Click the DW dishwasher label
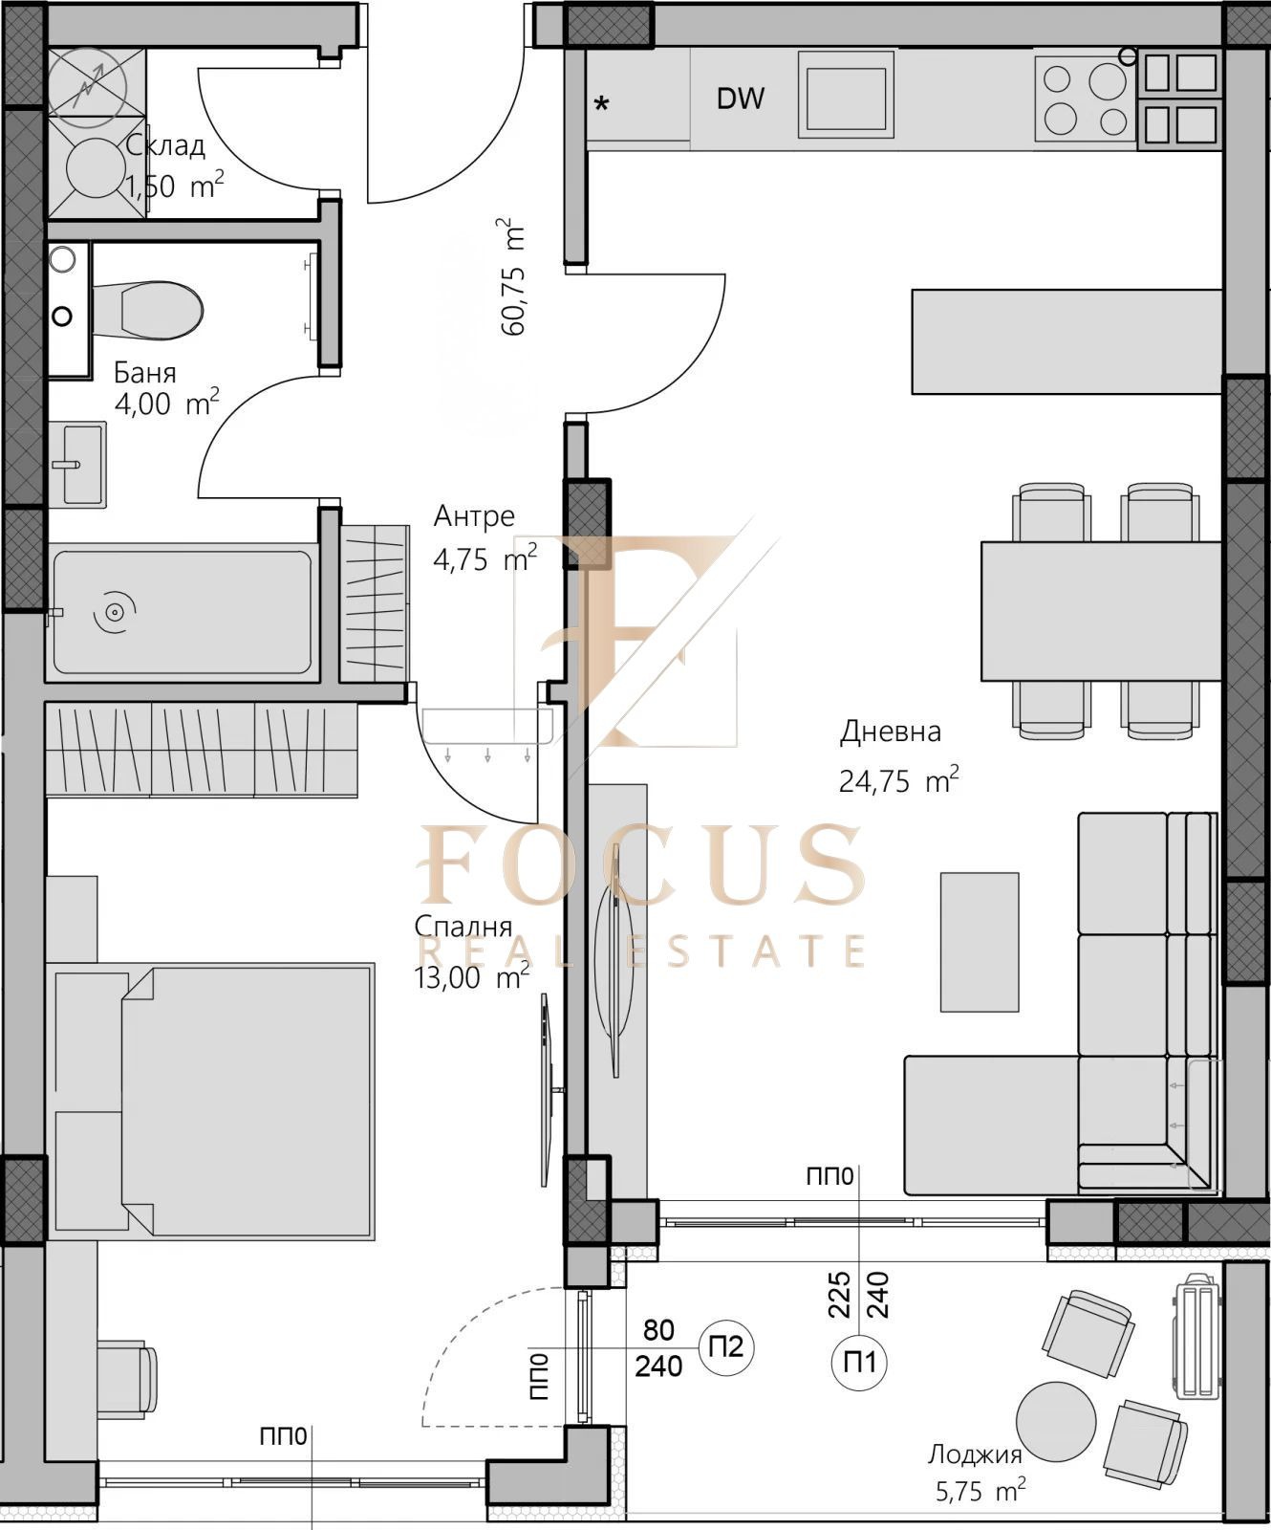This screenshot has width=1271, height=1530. tap(741, 98)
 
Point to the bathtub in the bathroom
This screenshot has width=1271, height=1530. tap(182, 611)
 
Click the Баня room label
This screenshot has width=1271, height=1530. tap(145, 372)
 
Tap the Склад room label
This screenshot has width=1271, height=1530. tap(165, 145)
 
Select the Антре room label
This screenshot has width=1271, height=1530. tap(474, 516)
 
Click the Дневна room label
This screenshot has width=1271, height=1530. tap(891, 732)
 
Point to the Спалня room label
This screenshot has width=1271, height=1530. tap(463, 927)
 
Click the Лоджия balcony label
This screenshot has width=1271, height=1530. tap(975, 1454)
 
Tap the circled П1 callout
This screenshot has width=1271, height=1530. tap(859, 1362)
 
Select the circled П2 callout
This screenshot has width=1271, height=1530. tap(726, 1347)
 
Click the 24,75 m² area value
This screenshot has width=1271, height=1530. tap(898, 781)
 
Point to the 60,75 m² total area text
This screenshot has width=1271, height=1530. tap(513, 277)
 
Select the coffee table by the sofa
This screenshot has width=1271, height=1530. tap(980, 941)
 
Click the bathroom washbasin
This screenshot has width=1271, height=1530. tap(82, 465)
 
